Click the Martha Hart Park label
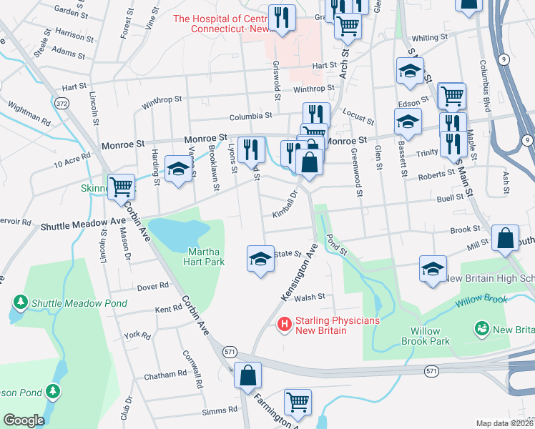point(206,256)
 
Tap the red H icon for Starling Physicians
point(284,325)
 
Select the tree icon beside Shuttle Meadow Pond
point(21,303)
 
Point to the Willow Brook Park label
point(430,336)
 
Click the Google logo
point(24,420)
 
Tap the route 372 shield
point(63,104)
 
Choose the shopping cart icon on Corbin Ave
point(122,187)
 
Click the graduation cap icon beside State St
point(260,258)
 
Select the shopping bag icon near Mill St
point(505,240)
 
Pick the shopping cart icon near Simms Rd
point(298,402)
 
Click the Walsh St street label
point(311,296)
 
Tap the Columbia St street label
point(250,116)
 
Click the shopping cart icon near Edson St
point(451,95)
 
